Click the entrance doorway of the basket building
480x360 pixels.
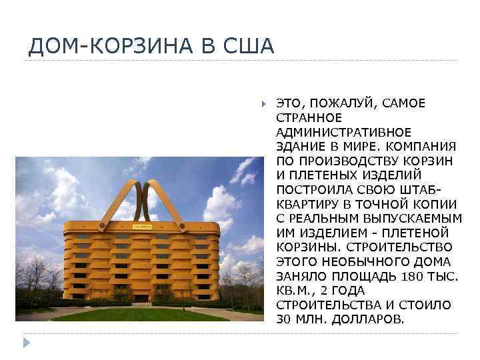click(143, 297)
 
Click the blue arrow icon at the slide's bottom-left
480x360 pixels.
click(27, 343)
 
